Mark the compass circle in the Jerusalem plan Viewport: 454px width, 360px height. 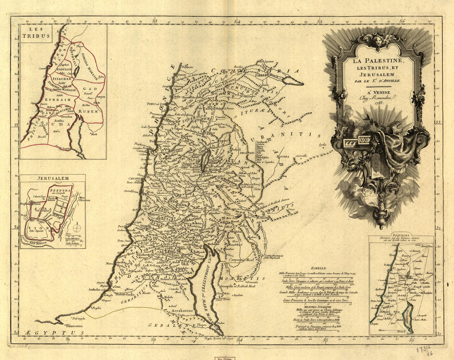tap(77, 227)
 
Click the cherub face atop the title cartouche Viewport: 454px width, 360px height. tap(378, 40)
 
